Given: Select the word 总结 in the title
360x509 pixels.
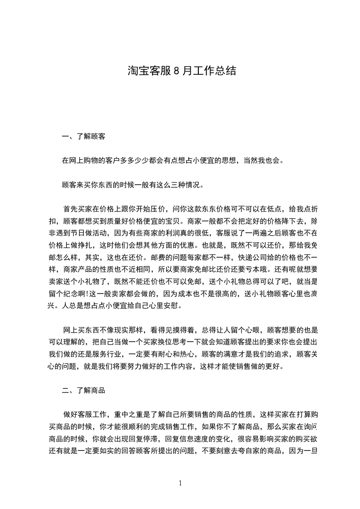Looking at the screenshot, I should (227, 71).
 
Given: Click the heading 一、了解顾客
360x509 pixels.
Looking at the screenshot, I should (84, 136).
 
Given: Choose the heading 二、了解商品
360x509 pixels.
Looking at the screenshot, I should (84, 390).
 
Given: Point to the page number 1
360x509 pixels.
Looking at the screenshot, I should (180, 483).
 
